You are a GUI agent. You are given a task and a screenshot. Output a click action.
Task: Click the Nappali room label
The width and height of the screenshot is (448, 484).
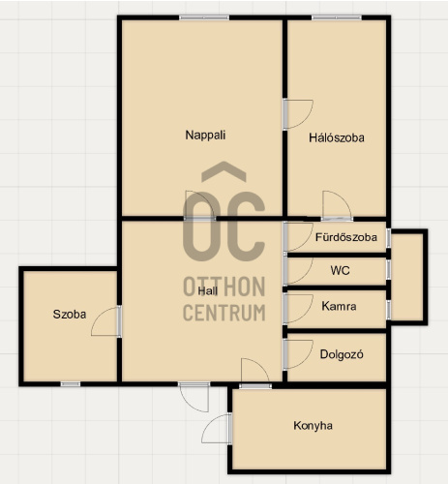tap(205, 135)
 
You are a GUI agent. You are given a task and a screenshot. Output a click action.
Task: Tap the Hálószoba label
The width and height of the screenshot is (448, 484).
tap(337, 137)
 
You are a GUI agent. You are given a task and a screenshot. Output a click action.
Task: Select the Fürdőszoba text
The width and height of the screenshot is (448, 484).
tap(346, 237)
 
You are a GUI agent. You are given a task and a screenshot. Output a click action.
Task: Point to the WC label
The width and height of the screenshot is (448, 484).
tap(340, 270)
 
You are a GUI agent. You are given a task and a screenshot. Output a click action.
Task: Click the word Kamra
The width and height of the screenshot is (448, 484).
tap(339, 306)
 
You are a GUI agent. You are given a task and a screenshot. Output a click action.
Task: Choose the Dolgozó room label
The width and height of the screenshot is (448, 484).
tap(342, 354)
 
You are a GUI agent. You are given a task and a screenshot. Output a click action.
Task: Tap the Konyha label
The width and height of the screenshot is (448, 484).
tap(313, 426)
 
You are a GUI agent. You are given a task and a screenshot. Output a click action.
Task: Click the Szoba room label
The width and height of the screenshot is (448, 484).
tap(70, 315)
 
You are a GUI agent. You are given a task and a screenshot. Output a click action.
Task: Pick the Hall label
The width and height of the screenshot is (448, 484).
tap(207, 291)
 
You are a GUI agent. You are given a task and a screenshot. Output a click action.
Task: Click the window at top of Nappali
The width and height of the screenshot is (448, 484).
tap(204, 17)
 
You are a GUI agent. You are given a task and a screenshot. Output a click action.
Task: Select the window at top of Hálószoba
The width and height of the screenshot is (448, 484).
tap(337, 17)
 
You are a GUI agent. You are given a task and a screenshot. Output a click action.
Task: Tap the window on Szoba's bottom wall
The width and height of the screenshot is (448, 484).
tap(71, 384)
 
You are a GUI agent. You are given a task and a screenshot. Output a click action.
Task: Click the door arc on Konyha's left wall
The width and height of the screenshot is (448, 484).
tap(207, 424)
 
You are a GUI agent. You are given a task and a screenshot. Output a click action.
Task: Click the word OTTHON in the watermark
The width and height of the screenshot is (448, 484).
tap(224, 287)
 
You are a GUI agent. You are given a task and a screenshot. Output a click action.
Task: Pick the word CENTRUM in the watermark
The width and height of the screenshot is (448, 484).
tap(224, 312)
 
